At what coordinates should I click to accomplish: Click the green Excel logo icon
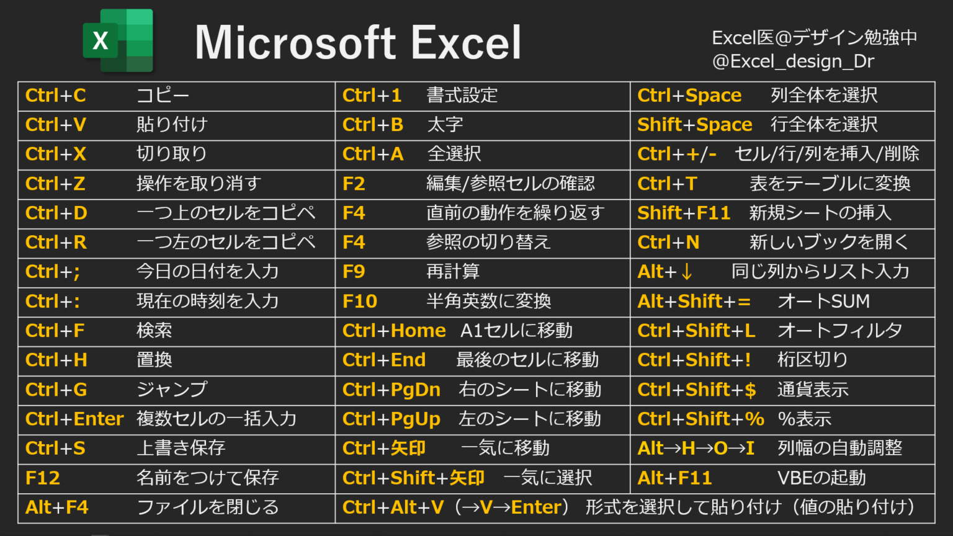[118, 42]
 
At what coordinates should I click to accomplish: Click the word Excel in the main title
[466, 43]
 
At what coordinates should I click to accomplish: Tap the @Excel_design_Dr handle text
[793, 61]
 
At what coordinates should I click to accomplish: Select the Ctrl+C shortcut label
[56, 96]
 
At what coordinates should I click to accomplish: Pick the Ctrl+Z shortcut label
[55, 184]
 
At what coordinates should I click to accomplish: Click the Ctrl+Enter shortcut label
[74, 419]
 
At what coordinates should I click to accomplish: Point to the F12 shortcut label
[43, 478]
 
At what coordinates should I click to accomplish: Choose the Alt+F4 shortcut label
[57, 507]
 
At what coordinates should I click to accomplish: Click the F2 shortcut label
[354, 184]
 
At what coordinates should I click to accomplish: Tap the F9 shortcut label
[354, 272]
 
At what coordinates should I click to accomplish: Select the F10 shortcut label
[360, 301]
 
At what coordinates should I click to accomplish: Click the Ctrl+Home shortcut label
[394, 331]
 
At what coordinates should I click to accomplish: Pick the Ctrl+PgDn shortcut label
[391, 390]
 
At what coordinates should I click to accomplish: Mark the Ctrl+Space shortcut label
[689, 96]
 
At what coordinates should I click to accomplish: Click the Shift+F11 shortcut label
[684, 213]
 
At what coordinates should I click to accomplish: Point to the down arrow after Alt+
[686, 272]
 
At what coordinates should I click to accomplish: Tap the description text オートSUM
[823, 301]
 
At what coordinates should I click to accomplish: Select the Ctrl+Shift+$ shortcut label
[697, 390]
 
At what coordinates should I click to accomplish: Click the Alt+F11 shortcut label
[674, 478]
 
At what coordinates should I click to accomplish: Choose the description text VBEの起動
[821, 478]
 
